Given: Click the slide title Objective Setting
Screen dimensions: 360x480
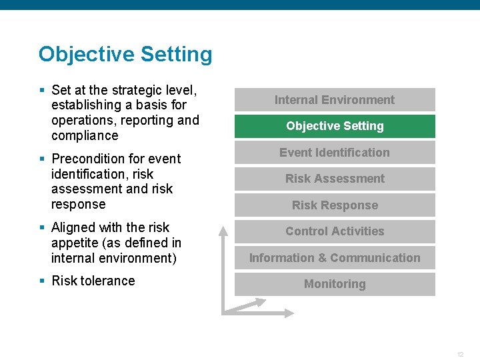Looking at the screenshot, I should [125, 54].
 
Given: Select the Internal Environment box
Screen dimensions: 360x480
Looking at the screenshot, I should [335, 100].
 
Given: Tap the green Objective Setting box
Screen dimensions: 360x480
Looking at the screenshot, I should [335, 126].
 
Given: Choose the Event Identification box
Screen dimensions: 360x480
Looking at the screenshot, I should [335, 153].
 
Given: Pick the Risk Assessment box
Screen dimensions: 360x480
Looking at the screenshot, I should [335, 179].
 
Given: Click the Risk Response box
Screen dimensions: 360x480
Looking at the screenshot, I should [335, 205].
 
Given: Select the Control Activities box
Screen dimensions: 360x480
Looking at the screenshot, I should [335, 231].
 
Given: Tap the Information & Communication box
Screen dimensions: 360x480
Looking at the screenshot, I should [335, 258].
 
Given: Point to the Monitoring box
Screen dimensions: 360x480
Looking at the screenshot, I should [335, 284].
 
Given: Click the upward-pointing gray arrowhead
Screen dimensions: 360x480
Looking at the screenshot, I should [224, 231].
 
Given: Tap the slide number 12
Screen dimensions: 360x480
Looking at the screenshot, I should [460, 354].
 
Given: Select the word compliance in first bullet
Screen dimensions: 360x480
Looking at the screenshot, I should [85, 135].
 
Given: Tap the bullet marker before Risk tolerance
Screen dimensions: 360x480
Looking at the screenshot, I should [42, 281].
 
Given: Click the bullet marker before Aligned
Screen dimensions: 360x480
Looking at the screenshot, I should [42, 227].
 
